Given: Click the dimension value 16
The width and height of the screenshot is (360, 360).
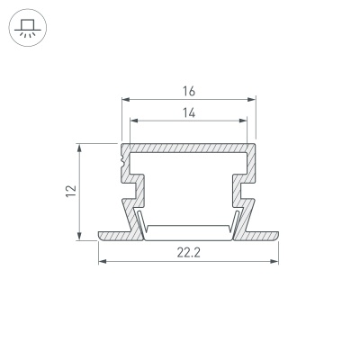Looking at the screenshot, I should (188, 91).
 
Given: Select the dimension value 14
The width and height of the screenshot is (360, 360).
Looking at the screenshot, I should (188, 112).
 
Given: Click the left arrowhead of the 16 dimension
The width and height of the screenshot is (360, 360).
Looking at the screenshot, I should (123, 100).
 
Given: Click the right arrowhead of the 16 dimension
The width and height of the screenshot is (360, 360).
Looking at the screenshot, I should (253, 100).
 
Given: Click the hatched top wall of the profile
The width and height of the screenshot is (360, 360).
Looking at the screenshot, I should (188, 147).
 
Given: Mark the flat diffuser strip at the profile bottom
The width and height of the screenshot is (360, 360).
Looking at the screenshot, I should (188, 230).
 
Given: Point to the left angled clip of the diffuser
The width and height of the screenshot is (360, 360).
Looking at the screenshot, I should (140, 220).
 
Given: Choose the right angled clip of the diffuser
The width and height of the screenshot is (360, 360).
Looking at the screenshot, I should (236, 220).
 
